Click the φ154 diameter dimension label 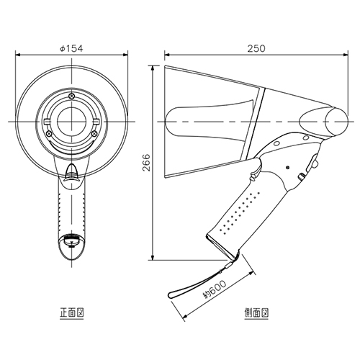[x=71, y=48]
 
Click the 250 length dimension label [x=256, y=48]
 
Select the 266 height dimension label [x=146, y=163]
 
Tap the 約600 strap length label [x=215, y=289]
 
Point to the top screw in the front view [x=71, y=96]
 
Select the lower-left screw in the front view [x=49, y=133]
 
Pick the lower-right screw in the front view [x=94, y=133]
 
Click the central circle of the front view [x=71, y=122]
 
